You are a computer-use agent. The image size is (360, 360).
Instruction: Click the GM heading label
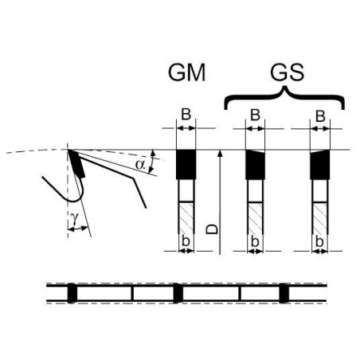click(187, 72)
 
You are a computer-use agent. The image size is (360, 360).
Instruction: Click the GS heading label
click(287, 72)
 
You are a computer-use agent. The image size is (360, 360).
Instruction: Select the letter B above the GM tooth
click(186, 115)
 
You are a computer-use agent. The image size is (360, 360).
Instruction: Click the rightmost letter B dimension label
click(320, 116)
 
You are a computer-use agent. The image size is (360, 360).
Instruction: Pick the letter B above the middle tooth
click(255, 115)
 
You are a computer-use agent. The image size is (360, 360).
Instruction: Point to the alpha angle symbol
click(140, 165)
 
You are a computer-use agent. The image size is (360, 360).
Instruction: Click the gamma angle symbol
click(74, 218)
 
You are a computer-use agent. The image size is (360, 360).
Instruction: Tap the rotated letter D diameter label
click(212, 229)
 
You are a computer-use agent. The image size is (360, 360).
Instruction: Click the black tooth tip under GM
click(186, 164)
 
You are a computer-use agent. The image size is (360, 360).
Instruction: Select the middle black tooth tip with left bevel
click(255, 164)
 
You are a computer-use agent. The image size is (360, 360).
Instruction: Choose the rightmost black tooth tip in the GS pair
click(320, 164)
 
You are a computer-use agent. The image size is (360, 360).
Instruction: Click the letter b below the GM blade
click(186, 241)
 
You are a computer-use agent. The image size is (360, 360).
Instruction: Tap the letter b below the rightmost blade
click(319, 241)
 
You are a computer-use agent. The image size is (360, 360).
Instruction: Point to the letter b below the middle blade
click(255, 241)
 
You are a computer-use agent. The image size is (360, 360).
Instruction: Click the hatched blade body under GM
click(186, 217)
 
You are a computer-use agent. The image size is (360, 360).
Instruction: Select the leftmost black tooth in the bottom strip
click(72, 293)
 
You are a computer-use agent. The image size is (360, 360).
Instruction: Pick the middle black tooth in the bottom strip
click(178, 293)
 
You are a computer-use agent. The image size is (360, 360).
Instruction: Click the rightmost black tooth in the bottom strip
click(284, 293)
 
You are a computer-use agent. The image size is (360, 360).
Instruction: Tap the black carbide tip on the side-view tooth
click(76, 163)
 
